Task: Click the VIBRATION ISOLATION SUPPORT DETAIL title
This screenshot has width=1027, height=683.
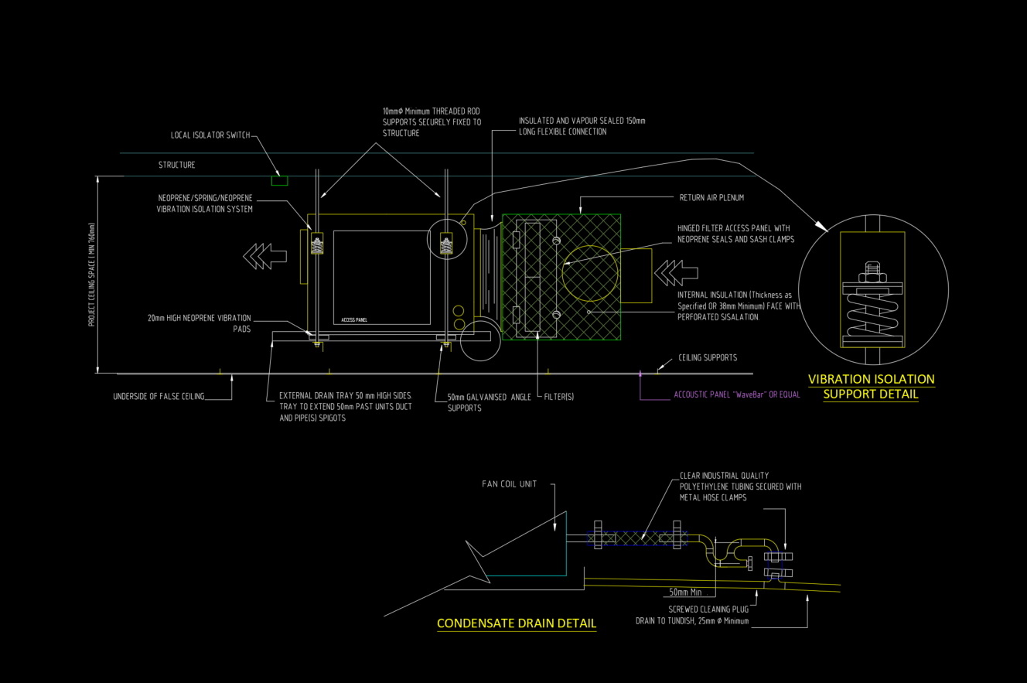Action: pyautogui.click(x=871, y=387)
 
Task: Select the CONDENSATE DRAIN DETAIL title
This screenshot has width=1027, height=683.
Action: pyautogui.click(x=516, y=623)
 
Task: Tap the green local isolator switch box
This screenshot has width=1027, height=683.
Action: pyautogui.click(x=279, y=180)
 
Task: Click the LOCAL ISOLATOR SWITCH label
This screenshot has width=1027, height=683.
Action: pyautogui.click(x=210, y=135)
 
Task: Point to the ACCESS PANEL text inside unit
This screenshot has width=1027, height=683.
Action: pyautogui.click(x=355, y=319)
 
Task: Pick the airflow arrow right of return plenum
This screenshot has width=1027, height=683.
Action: pyautogui.click(x=675, y=272)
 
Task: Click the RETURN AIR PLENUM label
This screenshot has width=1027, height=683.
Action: pyautogui.click(x=711, y=198)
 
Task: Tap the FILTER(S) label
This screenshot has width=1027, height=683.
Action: pyautogui.click(x=559, y=397)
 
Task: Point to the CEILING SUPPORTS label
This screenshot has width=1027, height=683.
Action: pyautogui.click(x=707, y=358)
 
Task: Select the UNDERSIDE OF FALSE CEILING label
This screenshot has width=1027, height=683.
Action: pyautogui.click(x=159, y=397)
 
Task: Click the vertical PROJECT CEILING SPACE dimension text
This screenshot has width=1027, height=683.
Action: pyautogui.click(x=91, y=275)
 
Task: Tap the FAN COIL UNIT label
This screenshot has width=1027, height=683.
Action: pyautogui.click(x=508, y=485)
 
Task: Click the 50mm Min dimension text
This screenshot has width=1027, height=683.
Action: pyautogui.click(x=685, y=593)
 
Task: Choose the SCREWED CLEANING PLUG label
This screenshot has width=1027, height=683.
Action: pyautogui.click(x=708, y=609)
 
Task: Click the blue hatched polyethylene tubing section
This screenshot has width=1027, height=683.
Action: pyautogui.click(x=636, y=536)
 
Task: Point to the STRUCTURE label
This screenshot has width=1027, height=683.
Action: pyautogui.click(x=176, y=166)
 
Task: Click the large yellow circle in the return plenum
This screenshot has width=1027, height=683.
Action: pyautogui.click(x=591, y=274)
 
